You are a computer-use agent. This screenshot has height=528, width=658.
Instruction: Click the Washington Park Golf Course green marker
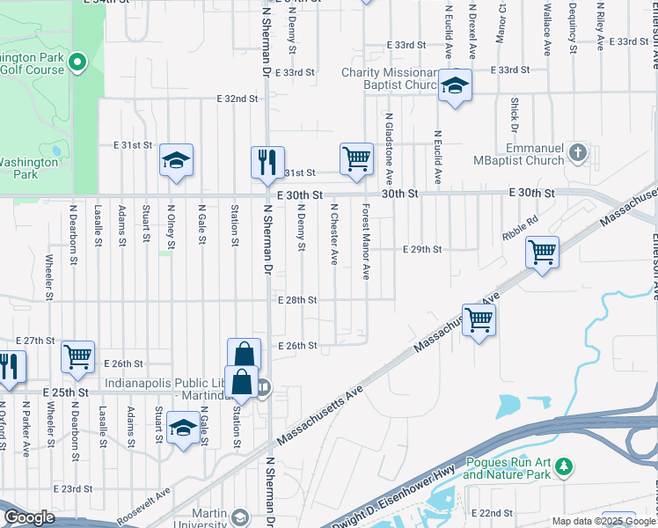click(77, 62)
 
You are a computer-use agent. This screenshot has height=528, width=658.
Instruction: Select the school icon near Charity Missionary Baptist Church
click(455, 85)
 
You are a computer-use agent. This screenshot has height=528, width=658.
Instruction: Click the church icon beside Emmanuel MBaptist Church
click(577, 153)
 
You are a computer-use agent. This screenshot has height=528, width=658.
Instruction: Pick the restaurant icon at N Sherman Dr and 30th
click(267, 162)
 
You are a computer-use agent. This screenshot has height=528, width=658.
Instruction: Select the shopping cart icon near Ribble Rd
click(542, 253)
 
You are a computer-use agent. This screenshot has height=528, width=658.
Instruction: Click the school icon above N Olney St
click(176, 160)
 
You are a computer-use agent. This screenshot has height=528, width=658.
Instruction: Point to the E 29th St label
click(421, 250)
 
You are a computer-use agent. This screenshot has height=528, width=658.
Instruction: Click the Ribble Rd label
click(519, 230)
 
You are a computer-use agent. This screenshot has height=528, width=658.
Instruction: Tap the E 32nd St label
click(238, 99)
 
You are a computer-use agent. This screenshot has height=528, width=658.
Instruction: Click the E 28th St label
click(296, 300)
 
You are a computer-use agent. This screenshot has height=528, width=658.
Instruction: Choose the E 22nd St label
click(493, 513)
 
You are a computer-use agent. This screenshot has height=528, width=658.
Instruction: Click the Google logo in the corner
click(29, 517)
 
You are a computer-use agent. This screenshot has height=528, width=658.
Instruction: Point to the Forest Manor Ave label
click(365, 231)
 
